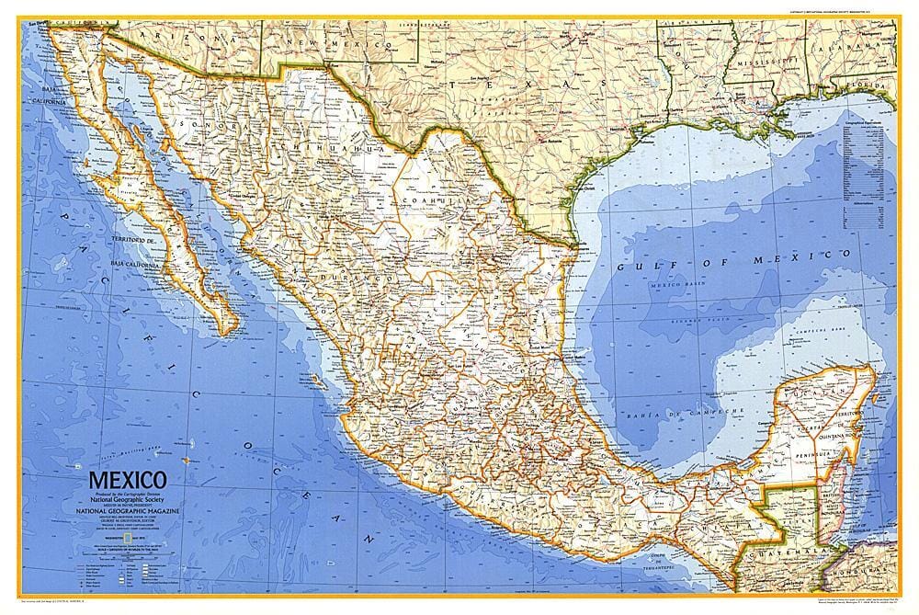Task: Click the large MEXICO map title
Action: point(127,480)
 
